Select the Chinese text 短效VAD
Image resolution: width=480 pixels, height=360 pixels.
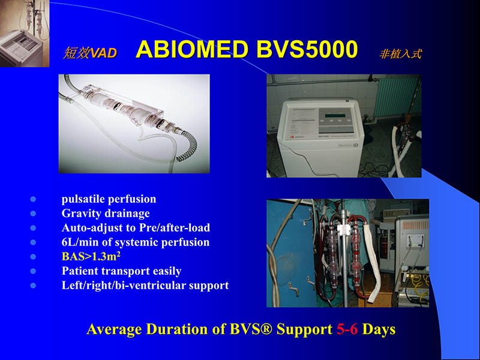(90, 53)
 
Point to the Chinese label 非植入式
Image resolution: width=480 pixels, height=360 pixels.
(400, 54)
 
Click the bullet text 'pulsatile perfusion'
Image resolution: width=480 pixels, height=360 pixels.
(109, 199)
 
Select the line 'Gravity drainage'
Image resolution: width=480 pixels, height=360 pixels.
(106, 213)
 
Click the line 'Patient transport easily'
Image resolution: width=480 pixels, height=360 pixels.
(121, 271)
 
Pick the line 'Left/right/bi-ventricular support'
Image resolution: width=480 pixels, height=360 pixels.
(145, 286)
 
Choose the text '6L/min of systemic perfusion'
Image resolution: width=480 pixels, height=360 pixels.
(136, 242)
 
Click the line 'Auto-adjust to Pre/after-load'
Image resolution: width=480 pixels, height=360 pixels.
(136, 228)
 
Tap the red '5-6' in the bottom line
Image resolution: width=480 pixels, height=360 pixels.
(347, 329)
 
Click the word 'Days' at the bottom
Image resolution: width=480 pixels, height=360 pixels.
(379, 329)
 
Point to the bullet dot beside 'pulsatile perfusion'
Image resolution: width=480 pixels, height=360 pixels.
(33, 199)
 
